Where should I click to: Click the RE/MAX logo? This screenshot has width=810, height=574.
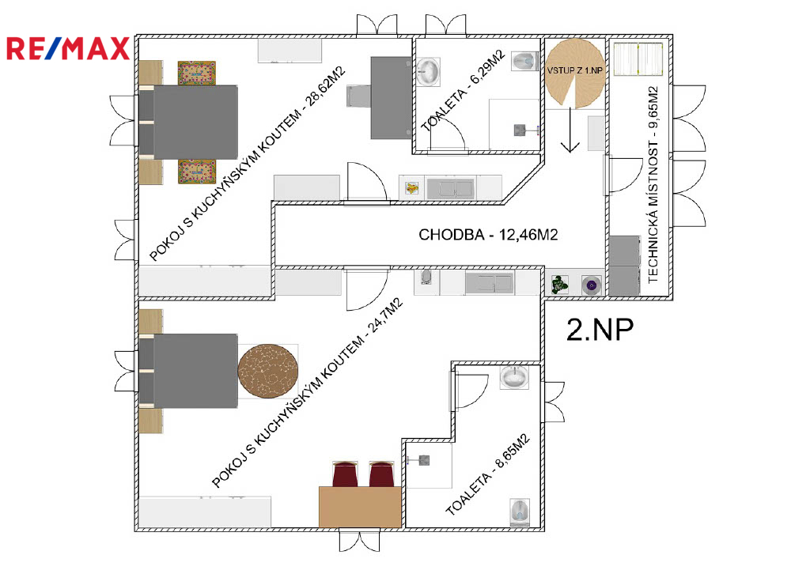click(x=68, y=49)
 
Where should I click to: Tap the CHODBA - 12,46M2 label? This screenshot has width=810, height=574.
click(x=488, y=235)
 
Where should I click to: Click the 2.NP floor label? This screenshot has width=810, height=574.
click(x=600, y=330)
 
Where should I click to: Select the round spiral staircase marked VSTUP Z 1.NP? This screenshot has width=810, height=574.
click(x=575, y=74)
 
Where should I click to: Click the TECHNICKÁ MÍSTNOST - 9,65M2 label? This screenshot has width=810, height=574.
click(x=653, y=184)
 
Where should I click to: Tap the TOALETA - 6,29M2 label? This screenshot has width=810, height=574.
click(x=463, y=91)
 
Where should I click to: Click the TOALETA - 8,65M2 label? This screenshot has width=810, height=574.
click(x=487, y=475)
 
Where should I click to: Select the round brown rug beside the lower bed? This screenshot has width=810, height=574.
click(x=267, y=371)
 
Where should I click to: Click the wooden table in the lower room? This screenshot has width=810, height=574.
click(x=360, y=507)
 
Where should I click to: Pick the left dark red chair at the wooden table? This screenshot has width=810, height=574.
click(x=345, y=474)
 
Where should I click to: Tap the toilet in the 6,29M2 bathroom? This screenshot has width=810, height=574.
click(x=526, y=61)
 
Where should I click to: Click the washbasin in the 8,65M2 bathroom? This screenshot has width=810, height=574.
click(x=514, y=377)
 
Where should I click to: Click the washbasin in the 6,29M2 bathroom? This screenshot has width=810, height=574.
click(x=429, y=71)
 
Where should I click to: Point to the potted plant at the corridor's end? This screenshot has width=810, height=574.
click(x=559, y=285)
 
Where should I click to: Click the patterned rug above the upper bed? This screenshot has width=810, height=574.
click(x=197, y=73)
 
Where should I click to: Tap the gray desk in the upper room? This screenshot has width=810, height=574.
click(x=391, y=97)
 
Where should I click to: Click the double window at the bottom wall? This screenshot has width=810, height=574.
click(x=360, y=541)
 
